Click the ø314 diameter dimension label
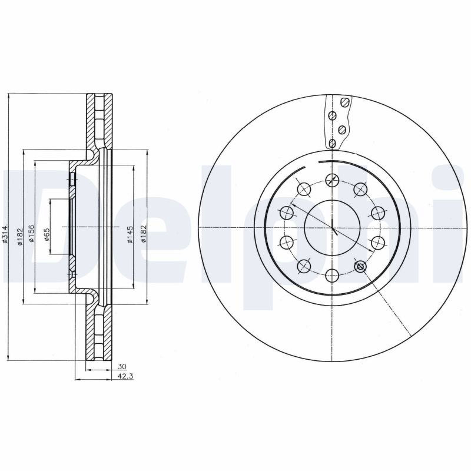[5, 234]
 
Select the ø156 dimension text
[31, 234]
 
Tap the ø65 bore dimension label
[47, 234]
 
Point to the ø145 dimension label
[130, 234]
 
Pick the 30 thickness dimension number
[122, 366]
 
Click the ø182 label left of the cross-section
[21, 237]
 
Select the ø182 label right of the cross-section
[143, 234]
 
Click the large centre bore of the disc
[332, 227]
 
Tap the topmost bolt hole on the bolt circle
[332, 180]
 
